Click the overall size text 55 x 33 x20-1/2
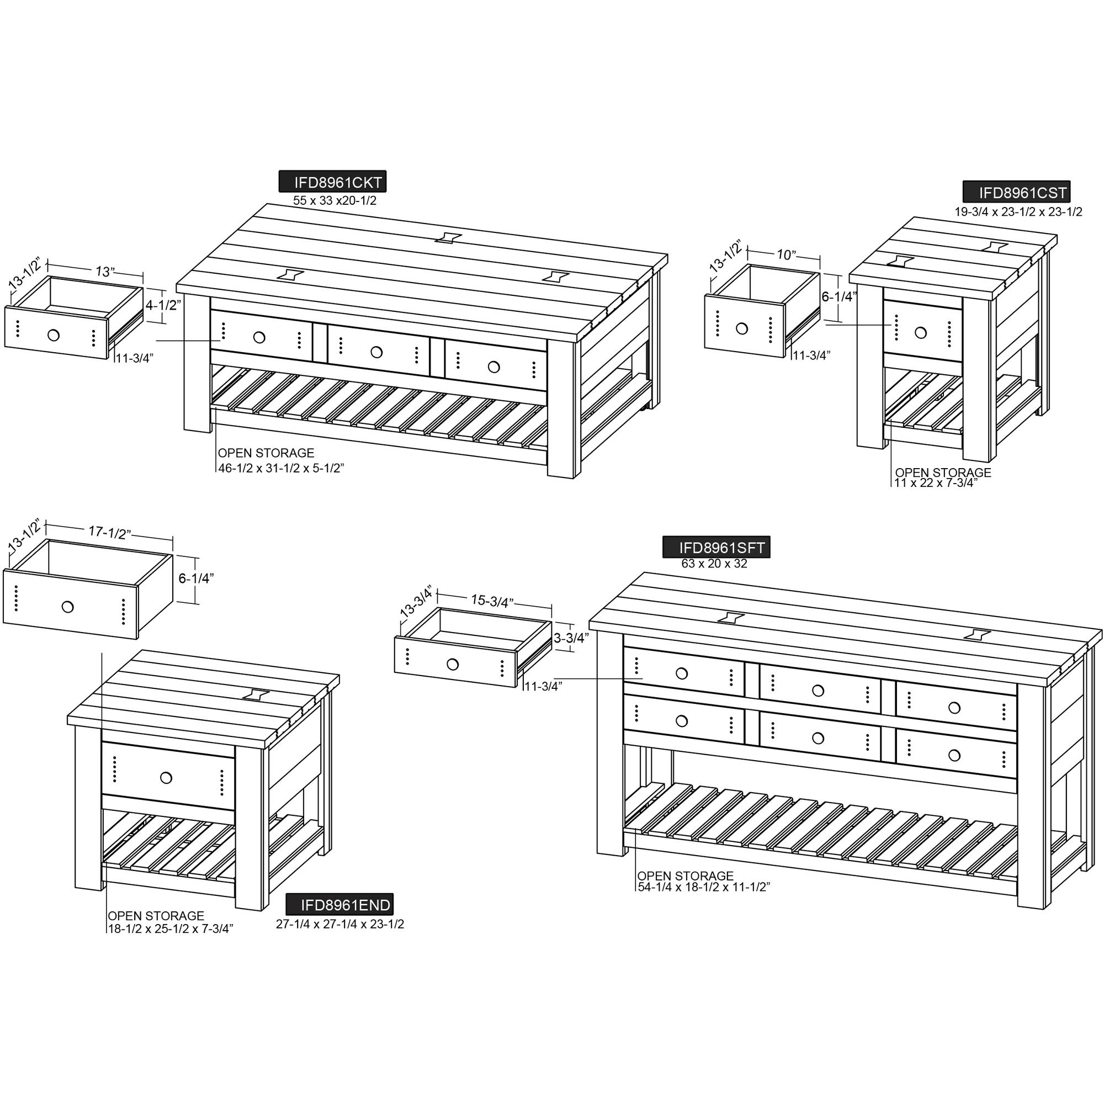pos(335,200)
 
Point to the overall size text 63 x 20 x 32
pos(714,564)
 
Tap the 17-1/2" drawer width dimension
pos(110,532)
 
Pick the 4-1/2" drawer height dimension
pos(163,305)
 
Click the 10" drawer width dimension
pos(786,255)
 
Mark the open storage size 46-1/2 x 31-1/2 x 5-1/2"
pos(280,468)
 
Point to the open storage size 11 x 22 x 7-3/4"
pos(936,482)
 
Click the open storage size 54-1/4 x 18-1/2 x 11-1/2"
pos(703,887)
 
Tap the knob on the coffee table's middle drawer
pos(376,353)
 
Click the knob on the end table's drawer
pos(166,778)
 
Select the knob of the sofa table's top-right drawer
pos(954,708)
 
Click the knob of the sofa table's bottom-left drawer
pos(681,721)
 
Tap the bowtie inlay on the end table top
pos(256,694)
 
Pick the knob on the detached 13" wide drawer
pos(54,335)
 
